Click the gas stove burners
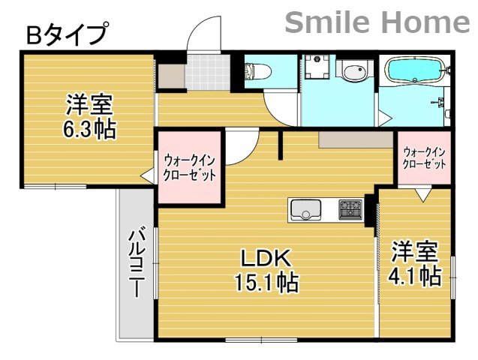[x=349, y=208]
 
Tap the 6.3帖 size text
[x=89, y=128]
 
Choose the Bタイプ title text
[x=66, y=34]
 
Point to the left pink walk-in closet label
[x=190, y=166]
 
